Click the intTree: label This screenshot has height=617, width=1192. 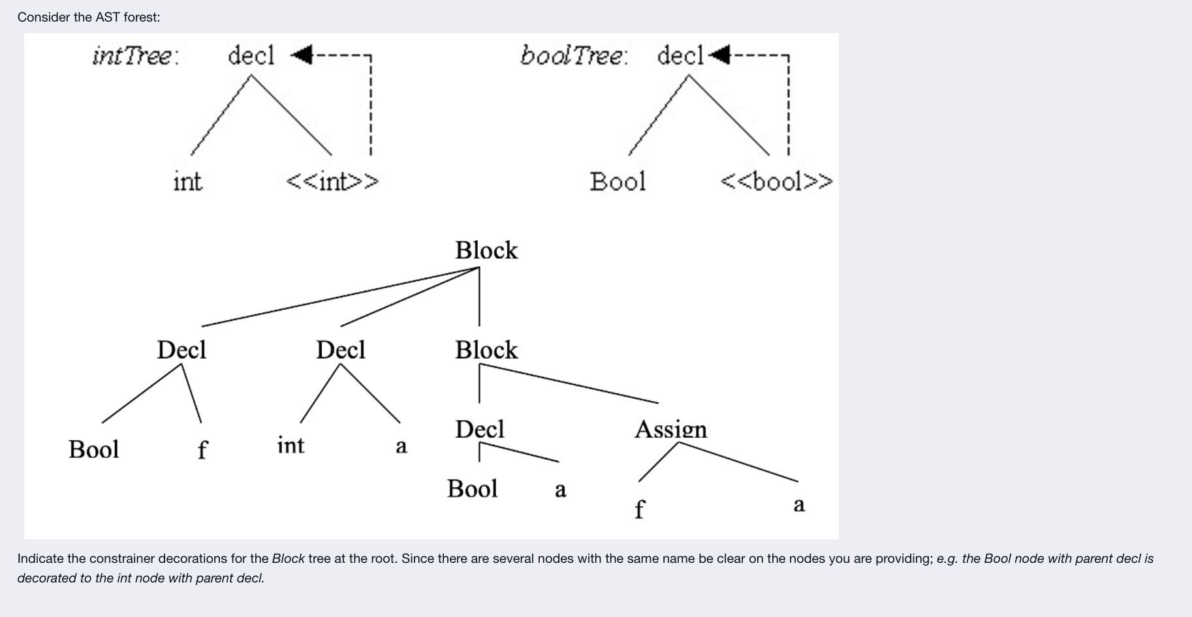[x=135, y=55]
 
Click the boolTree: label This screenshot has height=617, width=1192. [x=574, y=55]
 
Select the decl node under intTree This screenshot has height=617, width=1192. [x=251, y=55]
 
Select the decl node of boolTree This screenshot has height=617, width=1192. [x=680, y=55]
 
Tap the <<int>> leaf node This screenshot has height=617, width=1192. [x=332, y=181]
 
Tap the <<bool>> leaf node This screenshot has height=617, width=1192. [x=776, y=181]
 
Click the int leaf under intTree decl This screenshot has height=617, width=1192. [x=187, y=181]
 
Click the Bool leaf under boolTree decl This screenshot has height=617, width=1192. [x=618, y=181]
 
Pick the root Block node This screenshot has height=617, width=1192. [x=486, y=250]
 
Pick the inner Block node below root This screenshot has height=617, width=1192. [x=486, y=350]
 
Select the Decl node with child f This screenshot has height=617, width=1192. [x=181, y=350]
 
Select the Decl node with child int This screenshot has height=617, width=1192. [x=340, y=350]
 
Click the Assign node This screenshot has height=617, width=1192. [x=670, y=429]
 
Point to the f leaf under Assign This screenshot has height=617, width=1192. [x=639, y=509]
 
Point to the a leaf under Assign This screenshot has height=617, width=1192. [x=799, y=504]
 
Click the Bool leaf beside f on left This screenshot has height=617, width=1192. [x=94, y=449]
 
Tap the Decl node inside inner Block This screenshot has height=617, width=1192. [x=480, y=429]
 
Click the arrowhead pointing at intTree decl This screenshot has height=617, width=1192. [x=300, y=55]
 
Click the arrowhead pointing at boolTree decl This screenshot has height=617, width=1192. [x=719, y=55]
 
